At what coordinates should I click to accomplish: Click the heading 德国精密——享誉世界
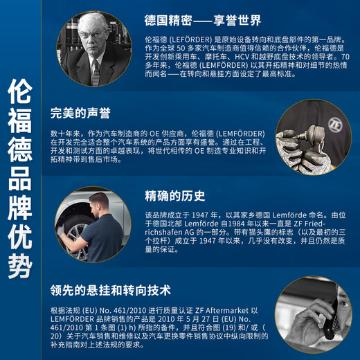point(203,20)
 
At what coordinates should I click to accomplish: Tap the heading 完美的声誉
point(80,113)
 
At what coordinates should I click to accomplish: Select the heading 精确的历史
point(175,196)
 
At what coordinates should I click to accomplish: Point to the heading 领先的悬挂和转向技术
point(111,290)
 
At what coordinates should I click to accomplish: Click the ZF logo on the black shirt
point(335,125)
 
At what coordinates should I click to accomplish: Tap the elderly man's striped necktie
point(96,72)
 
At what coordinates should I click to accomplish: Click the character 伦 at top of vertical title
point(20,91)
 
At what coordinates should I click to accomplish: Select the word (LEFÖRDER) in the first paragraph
point(190,39)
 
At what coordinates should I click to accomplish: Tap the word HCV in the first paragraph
point(242,57)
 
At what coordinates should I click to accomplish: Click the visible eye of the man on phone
point(344,304)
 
